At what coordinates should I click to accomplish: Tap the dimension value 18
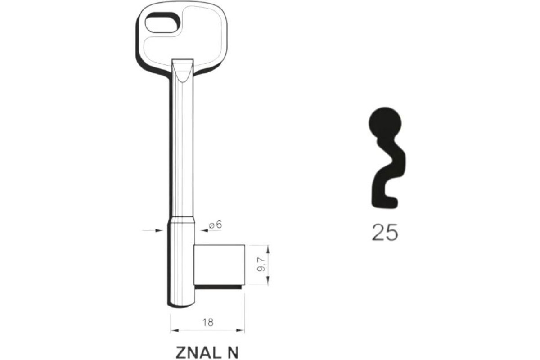pos(208,322)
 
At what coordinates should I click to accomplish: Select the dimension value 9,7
pos(261,265)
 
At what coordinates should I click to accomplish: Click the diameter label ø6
pos(216,225)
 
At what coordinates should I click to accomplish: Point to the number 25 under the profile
pos(385,232)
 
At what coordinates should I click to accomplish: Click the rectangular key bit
pos(220,265)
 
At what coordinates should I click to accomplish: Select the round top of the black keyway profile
pos(385,123)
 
